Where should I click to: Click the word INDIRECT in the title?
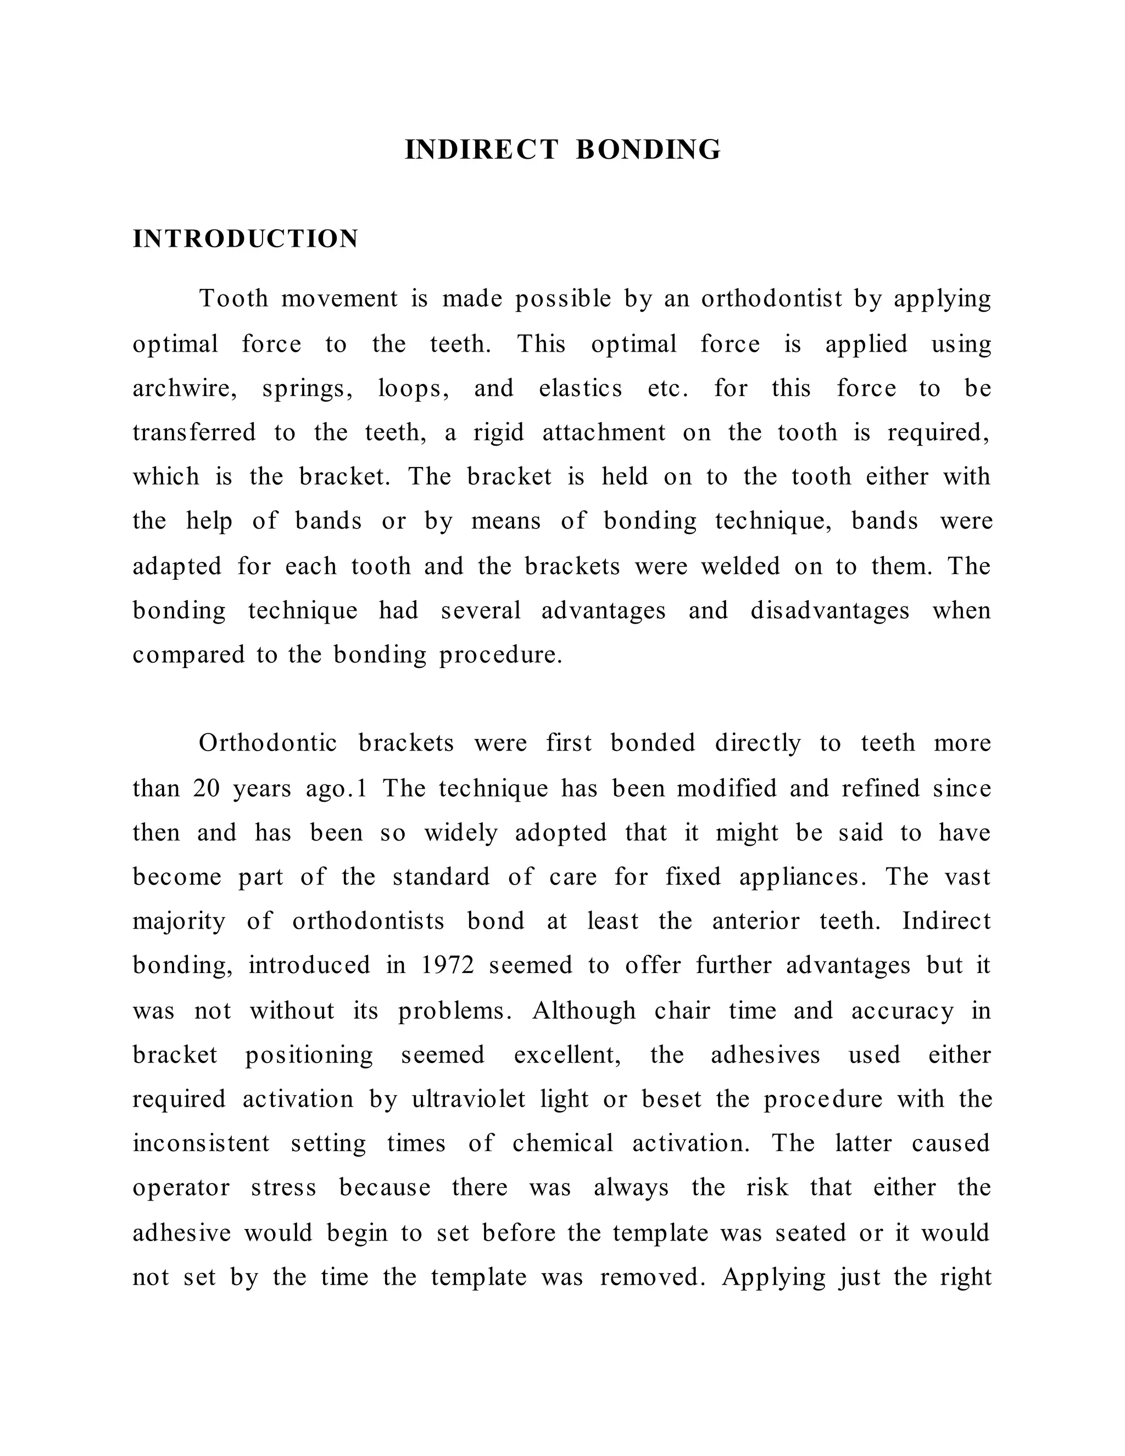(481, 150)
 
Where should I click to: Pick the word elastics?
(581, 388)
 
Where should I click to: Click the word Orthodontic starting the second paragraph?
(268, 743)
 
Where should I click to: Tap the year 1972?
(448, 965)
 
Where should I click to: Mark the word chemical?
(562, 1143)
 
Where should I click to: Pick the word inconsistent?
(201, 1143)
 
